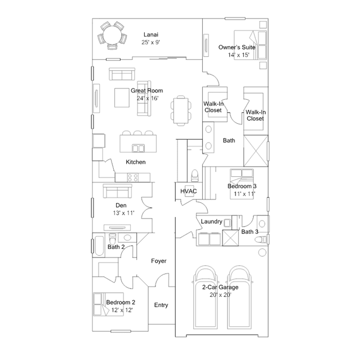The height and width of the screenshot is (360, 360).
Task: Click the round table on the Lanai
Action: coord(112,35)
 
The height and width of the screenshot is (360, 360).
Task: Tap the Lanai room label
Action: coord(151,35)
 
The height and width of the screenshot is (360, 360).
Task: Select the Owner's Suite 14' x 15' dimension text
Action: coord(238,55)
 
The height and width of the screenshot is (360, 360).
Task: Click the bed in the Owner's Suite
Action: coord(250,45)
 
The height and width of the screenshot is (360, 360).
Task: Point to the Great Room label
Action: coord(147,91)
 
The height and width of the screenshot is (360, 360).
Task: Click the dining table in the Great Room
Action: coord(181,110)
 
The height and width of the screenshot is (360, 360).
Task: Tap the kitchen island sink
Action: coord(138,148)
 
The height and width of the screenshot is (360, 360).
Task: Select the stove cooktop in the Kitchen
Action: coord(133,177)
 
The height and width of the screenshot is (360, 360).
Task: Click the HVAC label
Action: coord(189,191)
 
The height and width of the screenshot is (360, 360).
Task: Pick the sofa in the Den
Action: coord(117,191)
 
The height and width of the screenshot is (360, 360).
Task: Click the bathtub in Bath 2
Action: coord(99,246)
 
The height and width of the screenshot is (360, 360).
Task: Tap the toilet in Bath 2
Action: coord(112,239)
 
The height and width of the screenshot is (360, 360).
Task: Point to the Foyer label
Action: coord(159,261)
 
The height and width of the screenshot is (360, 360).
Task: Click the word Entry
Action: coord(161,305)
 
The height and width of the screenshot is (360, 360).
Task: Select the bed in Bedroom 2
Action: coord(108,304)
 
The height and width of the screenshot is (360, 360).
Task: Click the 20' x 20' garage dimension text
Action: coord(220,295)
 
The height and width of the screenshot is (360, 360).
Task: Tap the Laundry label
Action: coord(211,221)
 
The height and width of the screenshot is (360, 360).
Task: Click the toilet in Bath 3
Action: coord(261,239)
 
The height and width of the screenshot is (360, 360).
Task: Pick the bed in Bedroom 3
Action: coord(242,184)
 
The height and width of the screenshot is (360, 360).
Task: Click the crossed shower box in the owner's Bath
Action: coord(256,150)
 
